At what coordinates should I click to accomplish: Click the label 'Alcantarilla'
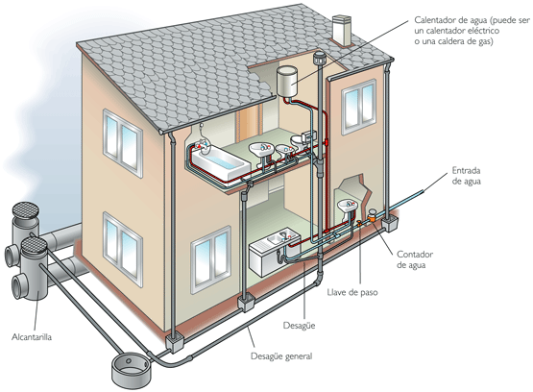32,337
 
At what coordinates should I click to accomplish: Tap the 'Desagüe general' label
281,356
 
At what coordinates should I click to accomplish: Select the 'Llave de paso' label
352,292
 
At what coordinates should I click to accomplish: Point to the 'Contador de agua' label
415,259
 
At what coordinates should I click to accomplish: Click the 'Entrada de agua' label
466,176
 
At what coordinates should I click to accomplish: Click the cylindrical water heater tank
287,82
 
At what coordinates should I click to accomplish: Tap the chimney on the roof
341,30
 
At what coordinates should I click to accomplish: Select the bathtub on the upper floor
219,160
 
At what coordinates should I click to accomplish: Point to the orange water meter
373,215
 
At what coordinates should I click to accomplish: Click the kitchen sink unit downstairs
275,251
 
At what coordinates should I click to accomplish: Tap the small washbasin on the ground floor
348,208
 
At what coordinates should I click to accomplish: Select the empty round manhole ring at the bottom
132,371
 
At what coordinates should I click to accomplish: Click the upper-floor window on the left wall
123,143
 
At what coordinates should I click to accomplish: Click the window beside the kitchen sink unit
210,259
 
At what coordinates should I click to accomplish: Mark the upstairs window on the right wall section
358,107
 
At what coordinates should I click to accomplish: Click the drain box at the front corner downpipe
175,342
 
